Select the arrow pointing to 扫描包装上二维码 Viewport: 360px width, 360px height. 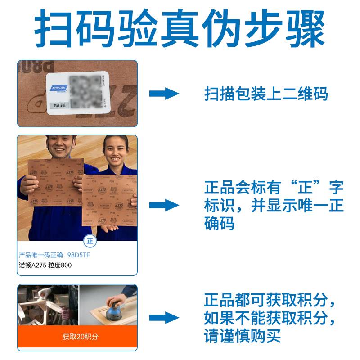click(x=164, y=94)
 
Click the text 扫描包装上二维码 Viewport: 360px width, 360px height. click(x=266, y=94)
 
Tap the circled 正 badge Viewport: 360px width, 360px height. click(x=90, y=240)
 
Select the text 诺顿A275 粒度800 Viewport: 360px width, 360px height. click(x=45, y=265)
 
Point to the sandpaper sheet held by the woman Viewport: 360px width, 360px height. click(x=109, y=200)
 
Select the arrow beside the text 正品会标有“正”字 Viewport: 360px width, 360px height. click(x=164, y=206)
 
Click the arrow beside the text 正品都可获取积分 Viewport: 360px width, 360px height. click(x=164, y=317)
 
